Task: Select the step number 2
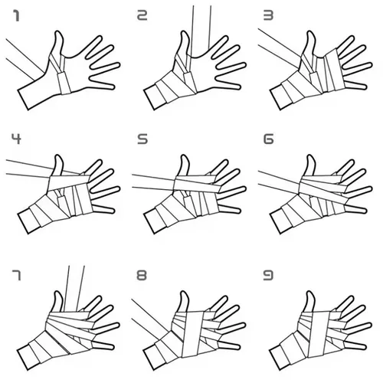coord(142,15)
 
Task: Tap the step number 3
coord(267,15)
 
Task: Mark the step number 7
coord(15,272)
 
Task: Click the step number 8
coord(142,272)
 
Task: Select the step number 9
coord(267,272)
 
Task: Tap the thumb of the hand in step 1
coord(57,42)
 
